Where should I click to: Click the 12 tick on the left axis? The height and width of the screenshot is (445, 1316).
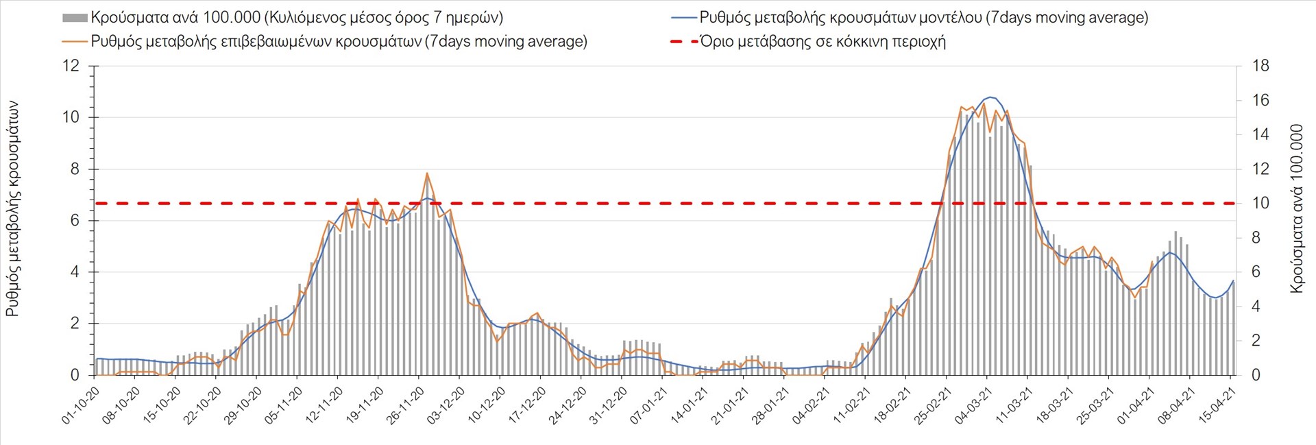pos(71,66)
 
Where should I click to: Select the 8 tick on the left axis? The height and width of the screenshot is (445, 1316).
pos(75,169)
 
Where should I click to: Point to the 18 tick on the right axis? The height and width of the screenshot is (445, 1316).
pos(1260,66)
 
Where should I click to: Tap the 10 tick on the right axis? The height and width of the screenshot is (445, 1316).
pos(1260,203)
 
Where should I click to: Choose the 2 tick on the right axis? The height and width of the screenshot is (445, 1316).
pos(1256,341)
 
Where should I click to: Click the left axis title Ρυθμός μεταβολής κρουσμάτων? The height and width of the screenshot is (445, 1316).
pos(12,209)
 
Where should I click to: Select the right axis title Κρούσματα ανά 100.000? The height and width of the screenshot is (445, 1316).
pos(1296,209)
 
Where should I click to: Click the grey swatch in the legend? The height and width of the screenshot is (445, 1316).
pos(75,18)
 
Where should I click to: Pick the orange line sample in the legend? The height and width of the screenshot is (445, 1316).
pos(75,41)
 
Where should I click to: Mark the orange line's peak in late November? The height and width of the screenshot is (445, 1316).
pos(426,173)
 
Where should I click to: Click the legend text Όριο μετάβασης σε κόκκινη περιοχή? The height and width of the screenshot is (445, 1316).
pos(822,41)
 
